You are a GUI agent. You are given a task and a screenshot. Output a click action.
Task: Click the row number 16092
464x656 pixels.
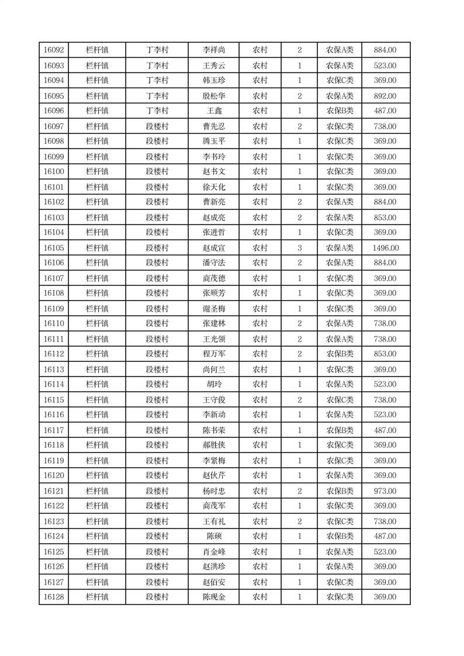click(x=54, y=50)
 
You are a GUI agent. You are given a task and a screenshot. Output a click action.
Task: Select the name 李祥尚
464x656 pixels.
click(x=213, y=50)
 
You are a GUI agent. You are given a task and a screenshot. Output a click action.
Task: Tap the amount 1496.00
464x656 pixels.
click(x=385, y=248)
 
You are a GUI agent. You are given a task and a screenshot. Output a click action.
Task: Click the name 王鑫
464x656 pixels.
click(x=213, y=111)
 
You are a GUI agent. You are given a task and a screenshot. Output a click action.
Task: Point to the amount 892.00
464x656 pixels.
click(x=385, y=96)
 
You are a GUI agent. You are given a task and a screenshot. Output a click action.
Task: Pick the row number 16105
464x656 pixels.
click(x=54, y=248)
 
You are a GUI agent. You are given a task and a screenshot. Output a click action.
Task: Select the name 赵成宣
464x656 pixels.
click(x=213, y=248)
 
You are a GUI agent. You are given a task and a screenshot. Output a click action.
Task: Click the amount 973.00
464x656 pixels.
click(x=385, y=491)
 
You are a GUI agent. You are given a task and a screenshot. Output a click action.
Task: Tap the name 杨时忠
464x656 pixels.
click(x=213, y=491)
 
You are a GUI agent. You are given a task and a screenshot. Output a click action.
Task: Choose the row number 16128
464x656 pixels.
click(x=54, y=597)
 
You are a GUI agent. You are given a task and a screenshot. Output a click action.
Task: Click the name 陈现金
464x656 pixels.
click(x=213, y=597)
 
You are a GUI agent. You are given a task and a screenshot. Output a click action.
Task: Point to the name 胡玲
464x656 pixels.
click(x=213, y=384)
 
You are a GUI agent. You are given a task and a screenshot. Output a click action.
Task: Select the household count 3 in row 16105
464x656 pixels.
click(x=299, y=248)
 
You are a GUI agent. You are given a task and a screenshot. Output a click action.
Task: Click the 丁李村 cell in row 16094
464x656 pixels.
click(x=157, y=81)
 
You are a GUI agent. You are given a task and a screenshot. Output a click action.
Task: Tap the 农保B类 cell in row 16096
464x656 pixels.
click(x=340, y=111)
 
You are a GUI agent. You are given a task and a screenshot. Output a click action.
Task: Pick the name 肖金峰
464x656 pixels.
click(x=213, y=551)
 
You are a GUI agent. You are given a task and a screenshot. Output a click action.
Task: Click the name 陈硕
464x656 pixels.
click(x=213, y=536)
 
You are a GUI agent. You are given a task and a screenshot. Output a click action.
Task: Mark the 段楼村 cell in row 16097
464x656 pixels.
click(x=157, y=126)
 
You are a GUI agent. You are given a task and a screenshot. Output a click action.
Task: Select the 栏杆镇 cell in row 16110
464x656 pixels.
click(x=97, y=323)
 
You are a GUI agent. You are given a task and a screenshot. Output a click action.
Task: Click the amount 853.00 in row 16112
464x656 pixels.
click(x=385, y=354)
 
